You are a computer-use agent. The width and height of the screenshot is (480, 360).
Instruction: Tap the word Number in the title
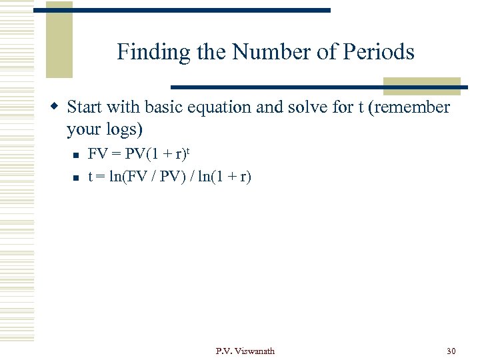[x=263, y=52]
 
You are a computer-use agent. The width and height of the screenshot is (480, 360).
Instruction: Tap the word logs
[x=123, y=129]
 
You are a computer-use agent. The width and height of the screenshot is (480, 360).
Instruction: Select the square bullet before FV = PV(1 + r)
[x=77, y=155]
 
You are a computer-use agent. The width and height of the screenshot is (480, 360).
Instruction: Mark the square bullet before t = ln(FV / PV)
[x=77, y=178]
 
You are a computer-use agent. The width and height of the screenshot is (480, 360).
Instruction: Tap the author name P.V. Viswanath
[x=245, y=351]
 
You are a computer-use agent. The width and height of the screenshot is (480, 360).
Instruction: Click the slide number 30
[x=451, y=351]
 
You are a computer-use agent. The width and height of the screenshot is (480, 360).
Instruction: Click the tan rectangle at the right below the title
[x=421, y=87]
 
